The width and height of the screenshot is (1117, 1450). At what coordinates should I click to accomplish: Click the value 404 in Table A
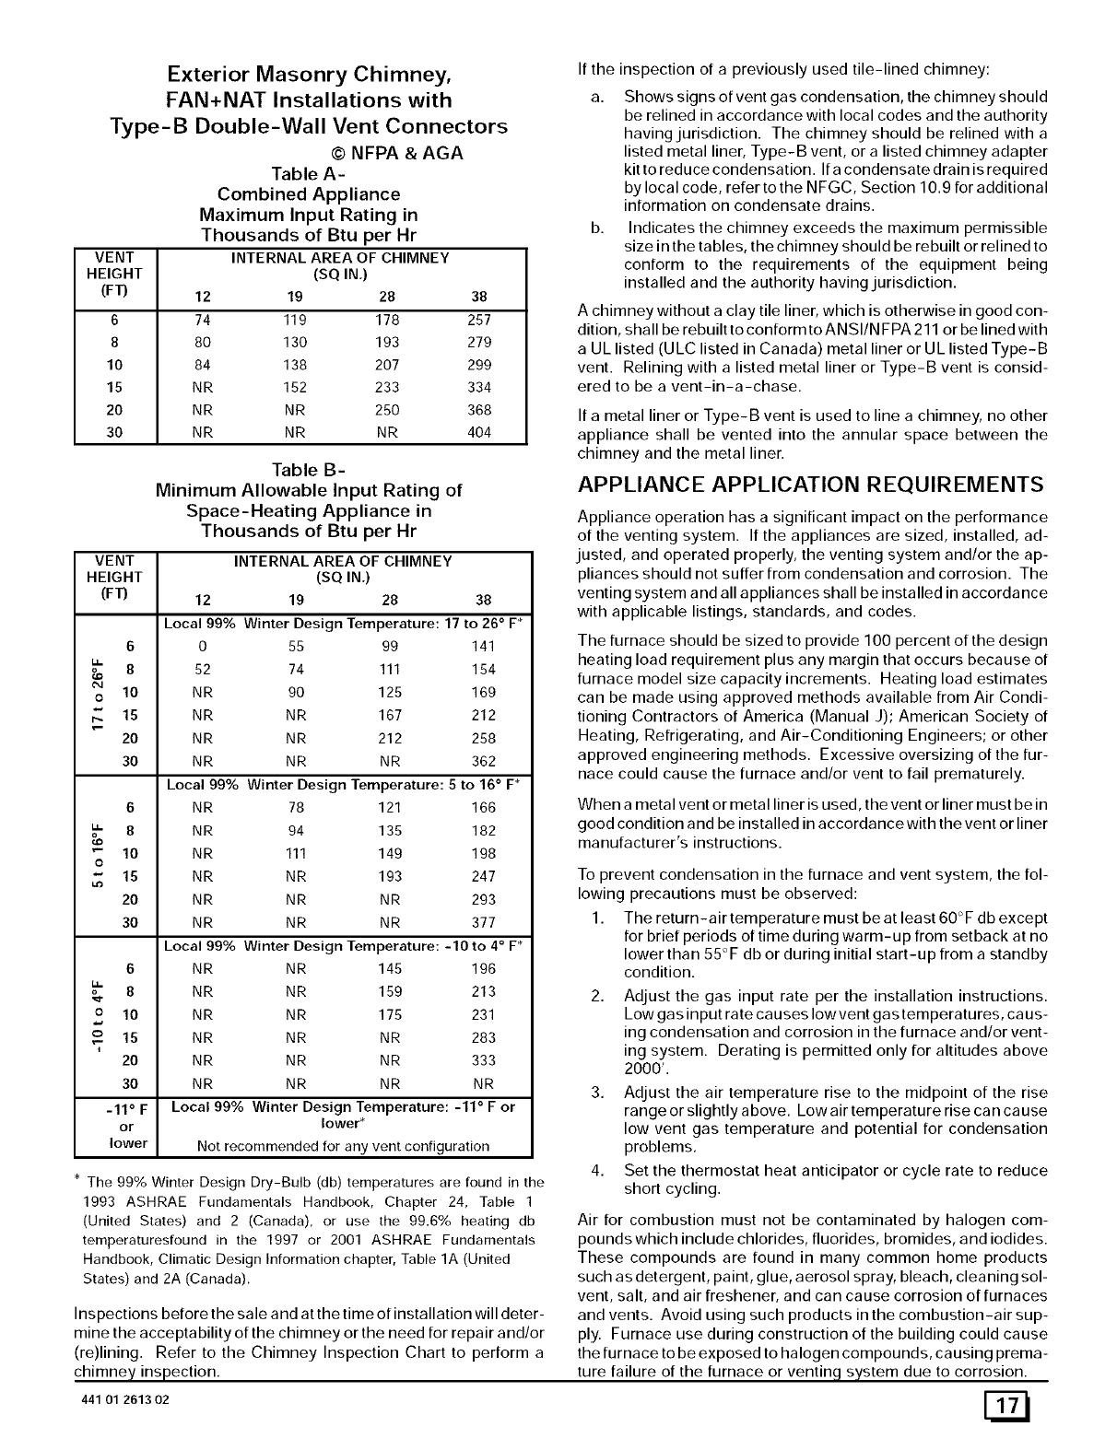(479, 433)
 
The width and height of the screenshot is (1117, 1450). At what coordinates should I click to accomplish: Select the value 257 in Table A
(479, 321)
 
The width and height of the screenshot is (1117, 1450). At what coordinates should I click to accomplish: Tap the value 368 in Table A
(479, 410)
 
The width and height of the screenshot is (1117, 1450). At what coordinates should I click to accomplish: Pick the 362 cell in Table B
(483, 762)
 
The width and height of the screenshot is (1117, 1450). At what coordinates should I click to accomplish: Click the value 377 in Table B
(483, 923)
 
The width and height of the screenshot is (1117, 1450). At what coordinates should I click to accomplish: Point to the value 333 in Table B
(483, 1061)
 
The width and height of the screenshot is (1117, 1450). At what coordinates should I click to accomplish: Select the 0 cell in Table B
(202, 647)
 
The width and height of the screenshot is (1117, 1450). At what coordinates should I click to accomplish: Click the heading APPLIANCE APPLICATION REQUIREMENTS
(810, 485)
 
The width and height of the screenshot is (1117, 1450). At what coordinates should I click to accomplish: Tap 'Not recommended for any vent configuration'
(343, 1147)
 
